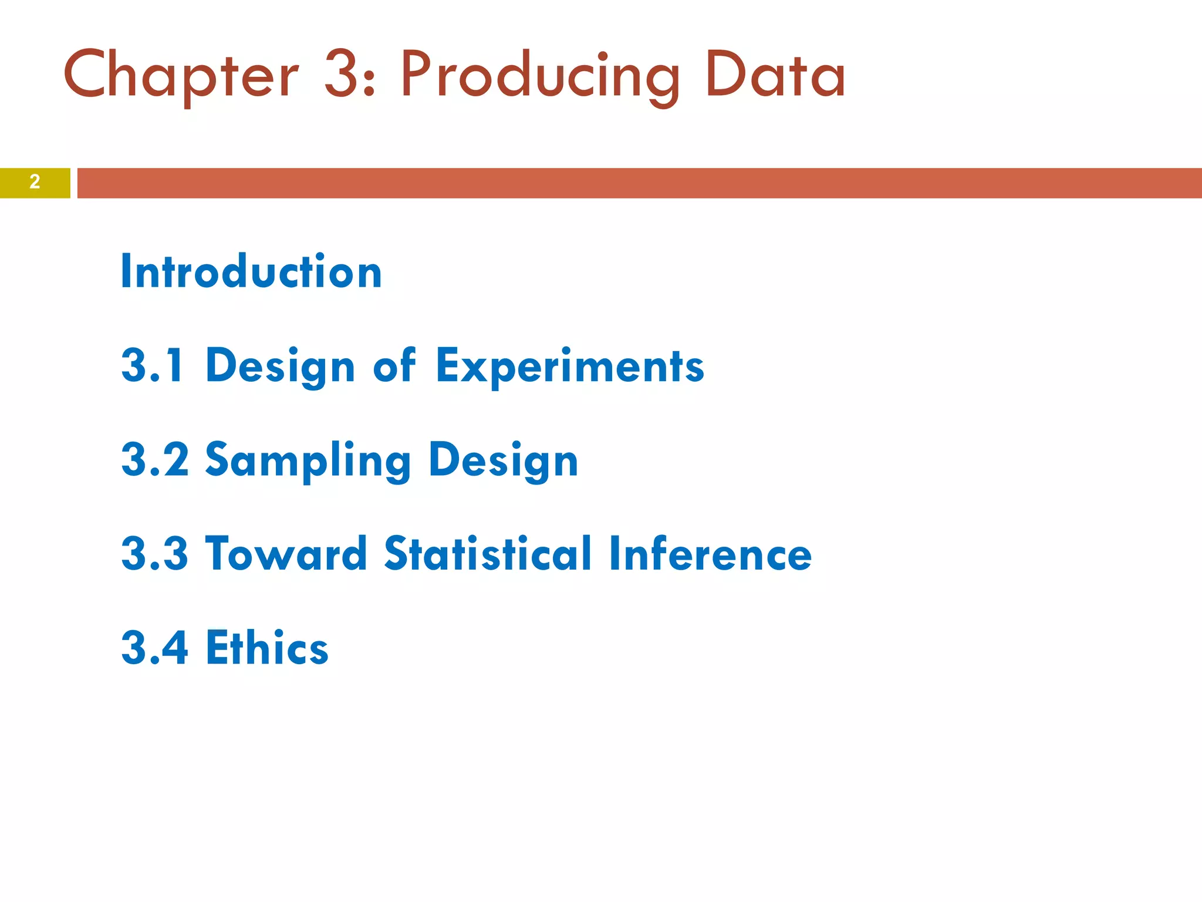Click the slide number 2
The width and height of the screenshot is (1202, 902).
[35, 182]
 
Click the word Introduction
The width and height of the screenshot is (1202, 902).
[251, 271]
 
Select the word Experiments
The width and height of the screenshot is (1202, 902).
[569, 365]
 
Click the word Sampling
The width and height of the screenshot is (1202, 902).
[308, 460]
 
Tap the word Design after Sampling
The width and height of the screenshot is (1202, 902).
[504, 460]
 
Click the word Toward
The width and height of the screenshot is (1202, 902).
[286, 553]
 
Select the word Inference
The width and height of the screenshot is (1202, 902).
[710, 553]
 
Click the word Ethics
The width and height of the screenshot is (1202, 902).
[267, 647]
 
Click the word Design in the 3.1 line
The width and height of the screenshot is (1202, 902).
[281, 365]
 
